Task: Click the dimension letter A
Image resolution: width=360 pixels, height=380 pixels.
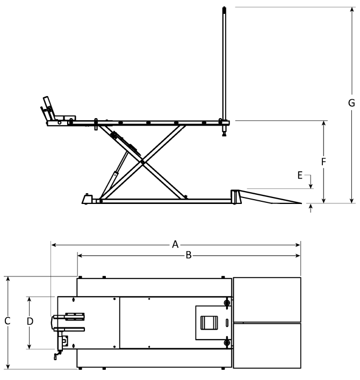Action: pyautogui.click(x=175, y=245)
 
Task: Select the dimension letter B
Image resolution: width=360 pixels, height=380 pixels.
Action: pyautogui.click(x=189, y=255)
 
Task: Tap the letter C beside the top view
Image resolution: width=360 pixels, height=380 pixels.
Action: pyautogui.click(x=7, y=321)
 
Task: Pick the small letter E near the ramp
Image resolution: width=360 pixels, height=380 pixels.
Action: pyautogui.click(x=301, y=175)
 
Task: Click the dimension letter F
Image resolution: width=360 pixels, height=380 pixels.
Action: pyautogui.click(x=323, y=160)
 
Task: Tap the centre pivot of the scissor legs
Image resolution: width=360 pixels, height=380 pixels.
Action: pyautogui.click(x=142, y=162)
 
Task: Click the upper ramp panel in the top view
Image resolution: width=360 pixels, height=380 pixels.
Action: pyautogui.click(x=267, y=299)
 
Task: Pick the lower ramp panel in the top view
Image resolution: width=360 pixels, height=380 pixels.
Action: pyautogui.click(x=267, y=345)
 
